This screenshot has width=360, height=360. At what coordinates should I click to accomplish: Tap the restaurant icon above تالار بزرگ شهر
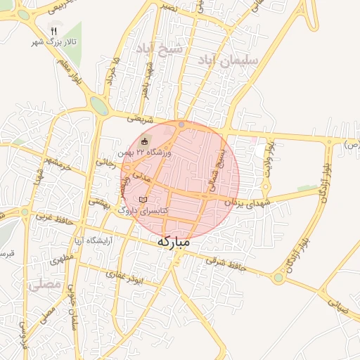55,32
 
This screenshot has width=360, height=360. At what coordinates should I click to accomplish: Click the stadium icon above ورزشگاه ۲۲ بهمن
146,141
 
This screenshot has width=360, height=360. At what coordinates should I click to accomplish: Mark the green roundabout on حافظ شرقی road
278,278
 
